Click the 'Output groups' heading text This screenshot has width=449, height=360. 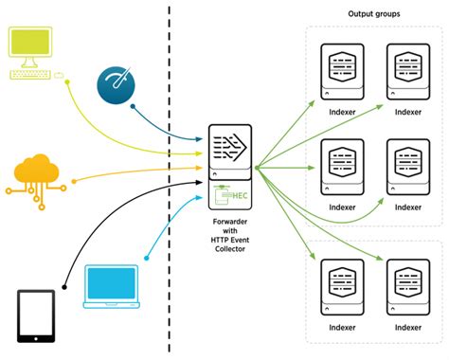point(374,14)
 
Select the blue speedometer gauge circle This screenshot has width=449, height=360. point(116,85)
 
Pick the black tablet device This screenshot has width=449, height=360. point(36,316)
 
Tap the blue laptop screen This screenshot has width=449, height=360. point(111,283)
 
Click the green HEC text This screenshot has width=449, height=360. point(240,196)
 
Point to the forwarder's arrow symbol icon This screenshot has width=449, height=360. point(229,147)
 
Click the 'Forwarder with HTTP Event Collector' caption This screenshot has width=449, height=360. point(230,235)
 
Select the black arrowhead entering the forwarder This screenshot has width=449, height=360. point(199,182)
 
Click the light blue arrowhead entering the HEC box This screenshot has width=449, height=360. point(199,198)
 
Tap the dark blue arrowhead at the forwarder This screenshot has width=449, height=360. point(199,139)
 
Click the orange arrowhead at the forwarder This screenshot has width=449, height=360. point(199,168)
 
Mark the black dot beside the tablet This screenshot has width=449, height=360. point(64,287)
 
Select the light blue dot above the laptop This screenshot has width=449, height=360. point(146,259)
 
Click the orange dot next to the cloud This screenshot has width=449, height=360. point(74,181)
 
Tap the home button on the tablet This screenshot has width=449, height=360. point(36,338)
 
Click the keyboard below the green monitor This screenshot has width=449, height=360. point(30,75)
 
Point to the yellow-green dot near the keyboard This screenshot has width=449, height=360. point(67,82)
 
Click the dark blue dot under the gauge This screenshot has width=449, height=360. point(133,107)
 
